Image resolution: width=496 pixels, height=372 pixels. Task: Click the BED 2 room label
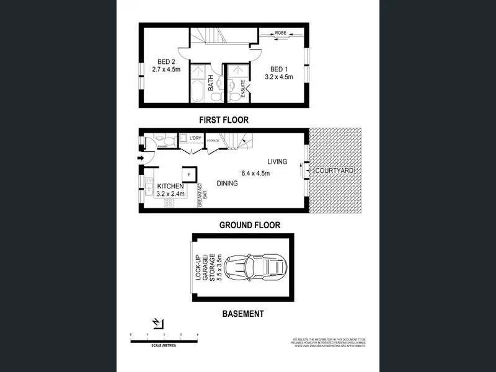coord(166,61)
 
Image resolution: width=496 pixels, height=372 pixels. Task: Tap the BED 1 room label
coord(278,69)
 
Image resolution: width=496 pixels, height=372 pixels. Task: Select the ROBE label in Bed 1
coord(280,32)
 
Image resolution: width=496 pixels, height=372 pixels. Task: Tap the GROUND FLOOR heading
coord(250,226)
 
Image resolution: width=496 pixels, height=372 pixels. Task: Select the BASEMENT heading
coord(243,314)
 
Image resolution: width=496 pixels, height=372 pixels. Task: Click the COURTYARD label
coord(334,170)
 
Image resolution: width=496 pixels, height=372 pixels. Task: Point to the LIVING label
coord(277,162)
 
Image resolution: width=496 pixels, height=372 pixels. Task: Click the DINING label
coord(228,183)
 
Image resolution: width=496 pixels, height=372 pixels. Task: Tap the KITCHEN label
coord(170,187)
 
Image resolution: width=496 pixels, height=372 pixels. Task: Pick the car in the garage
coord(255,267)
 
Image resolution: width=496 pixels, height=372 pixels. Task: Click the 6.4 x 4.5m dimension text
coord(255,174)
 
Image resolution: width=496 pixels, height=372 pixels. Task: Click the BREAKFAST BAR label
coord(201,195)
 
